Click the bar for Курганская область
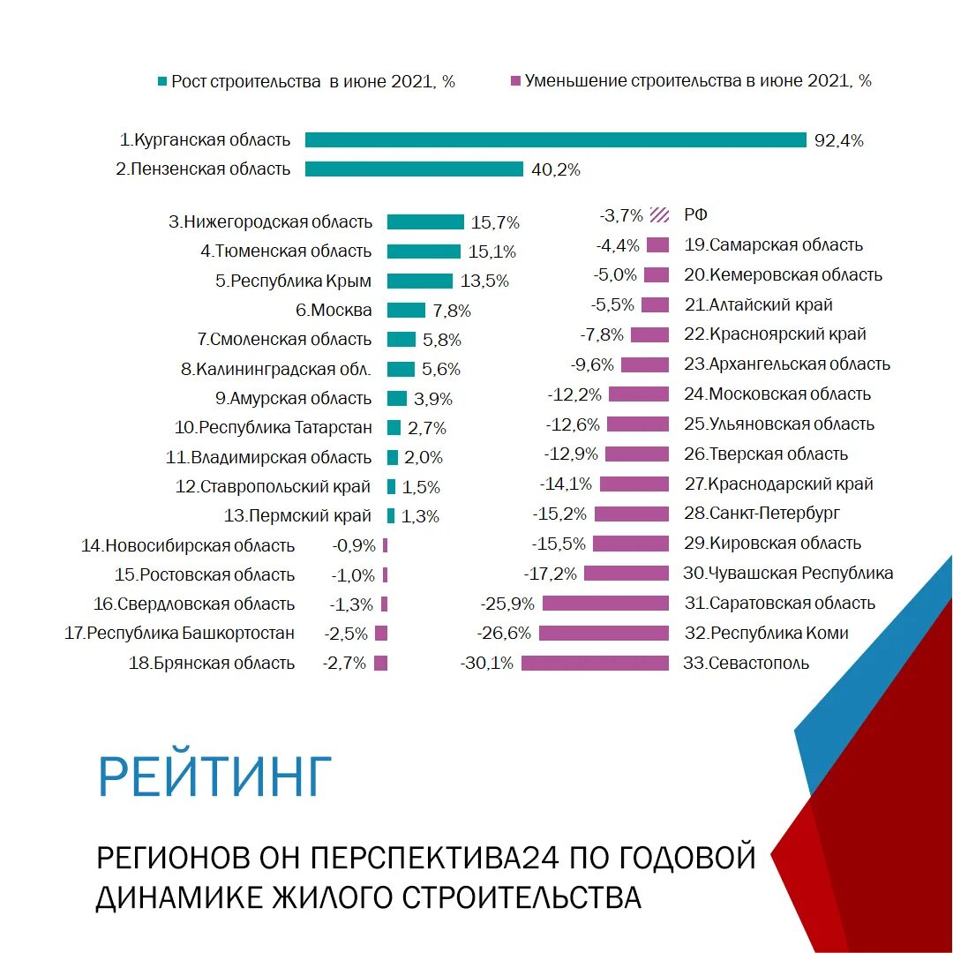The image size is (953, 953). pyautogui.click(x=556, y=140)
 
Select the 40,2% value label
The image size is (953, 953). pyautogui.click(x=556, y=170)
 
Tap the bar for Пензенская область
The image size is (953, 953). pyautogui.click(x=414, y=169)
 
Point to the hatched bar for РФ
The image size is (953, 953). pyautogui.click(x=658, y=214)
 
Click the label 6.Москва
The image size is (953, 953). pyautogui.click(x=334, y=310)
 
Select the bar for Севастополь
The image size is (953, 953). pyautogui.click(x=595, y=663)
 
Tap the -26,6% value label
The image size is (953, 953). pyautogui.click(x=504, y=633)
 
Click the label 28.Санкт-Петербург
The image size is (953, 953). pyautogui.click(x=762, y=513)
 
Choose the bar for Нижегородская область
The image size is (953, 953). pyautogui.click(x=425, y=222)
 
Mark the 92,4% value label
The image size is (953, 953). pyautogui.click(x=838, y=140)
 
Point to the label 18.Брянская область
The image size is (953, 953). pyautogui.click(x=212, y=663)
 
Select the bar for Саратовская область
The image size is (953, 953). pyautogui.click(x=605, y=604)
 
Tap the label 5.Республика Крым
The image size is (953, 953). pyautogui.click(x=293, y=281)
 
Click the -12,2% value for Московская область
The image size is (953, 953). pyautogui.click(x=574, y=394)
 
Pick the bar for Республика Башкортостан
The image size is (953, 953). pyautogui.click(x=381, y=634)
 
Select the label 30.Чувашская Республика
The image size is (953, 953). pyautogui.click(x=788, y=573)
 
